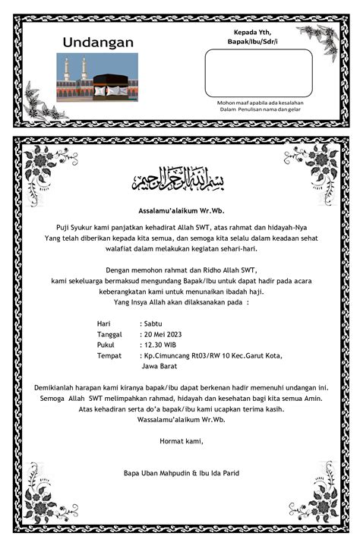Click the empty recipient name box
coord(258,73)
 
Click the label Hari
coord(104,323)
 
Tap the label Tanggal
coord(109,334)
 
